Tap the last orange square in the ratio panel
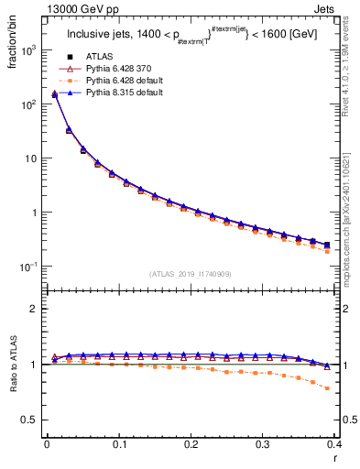pos(327,387)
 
